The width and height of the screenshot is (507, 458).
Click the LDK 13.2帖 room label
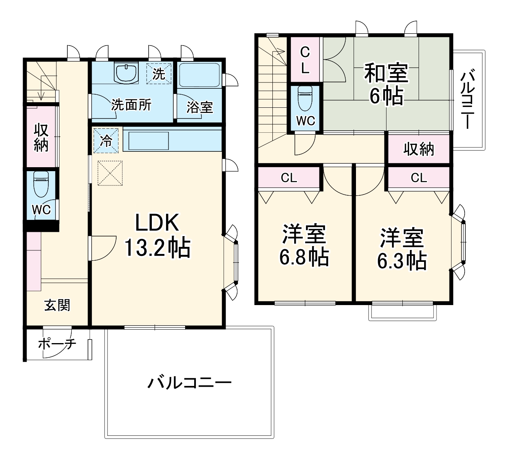157,235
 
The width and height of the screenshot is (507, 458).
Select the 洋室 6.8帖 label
304,246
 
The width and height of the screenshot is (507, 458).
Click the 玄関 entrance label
57,305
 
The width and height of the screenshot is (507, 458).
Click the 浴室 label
200,107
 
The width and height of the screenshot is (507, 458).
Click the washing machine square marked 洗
159,74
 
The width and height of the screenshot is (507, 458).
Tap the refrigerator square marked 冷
106,140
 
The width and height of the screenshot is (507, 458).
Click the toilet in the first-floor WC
41,184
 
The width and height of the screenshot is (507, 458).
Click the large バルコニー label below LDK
189,383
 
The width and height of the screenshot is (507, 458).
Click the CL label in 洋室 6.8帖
289,178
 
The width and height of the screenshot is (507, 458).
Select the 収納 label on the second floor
419,149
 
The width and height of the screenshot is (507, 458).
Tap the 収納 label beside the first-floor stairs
41,137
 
